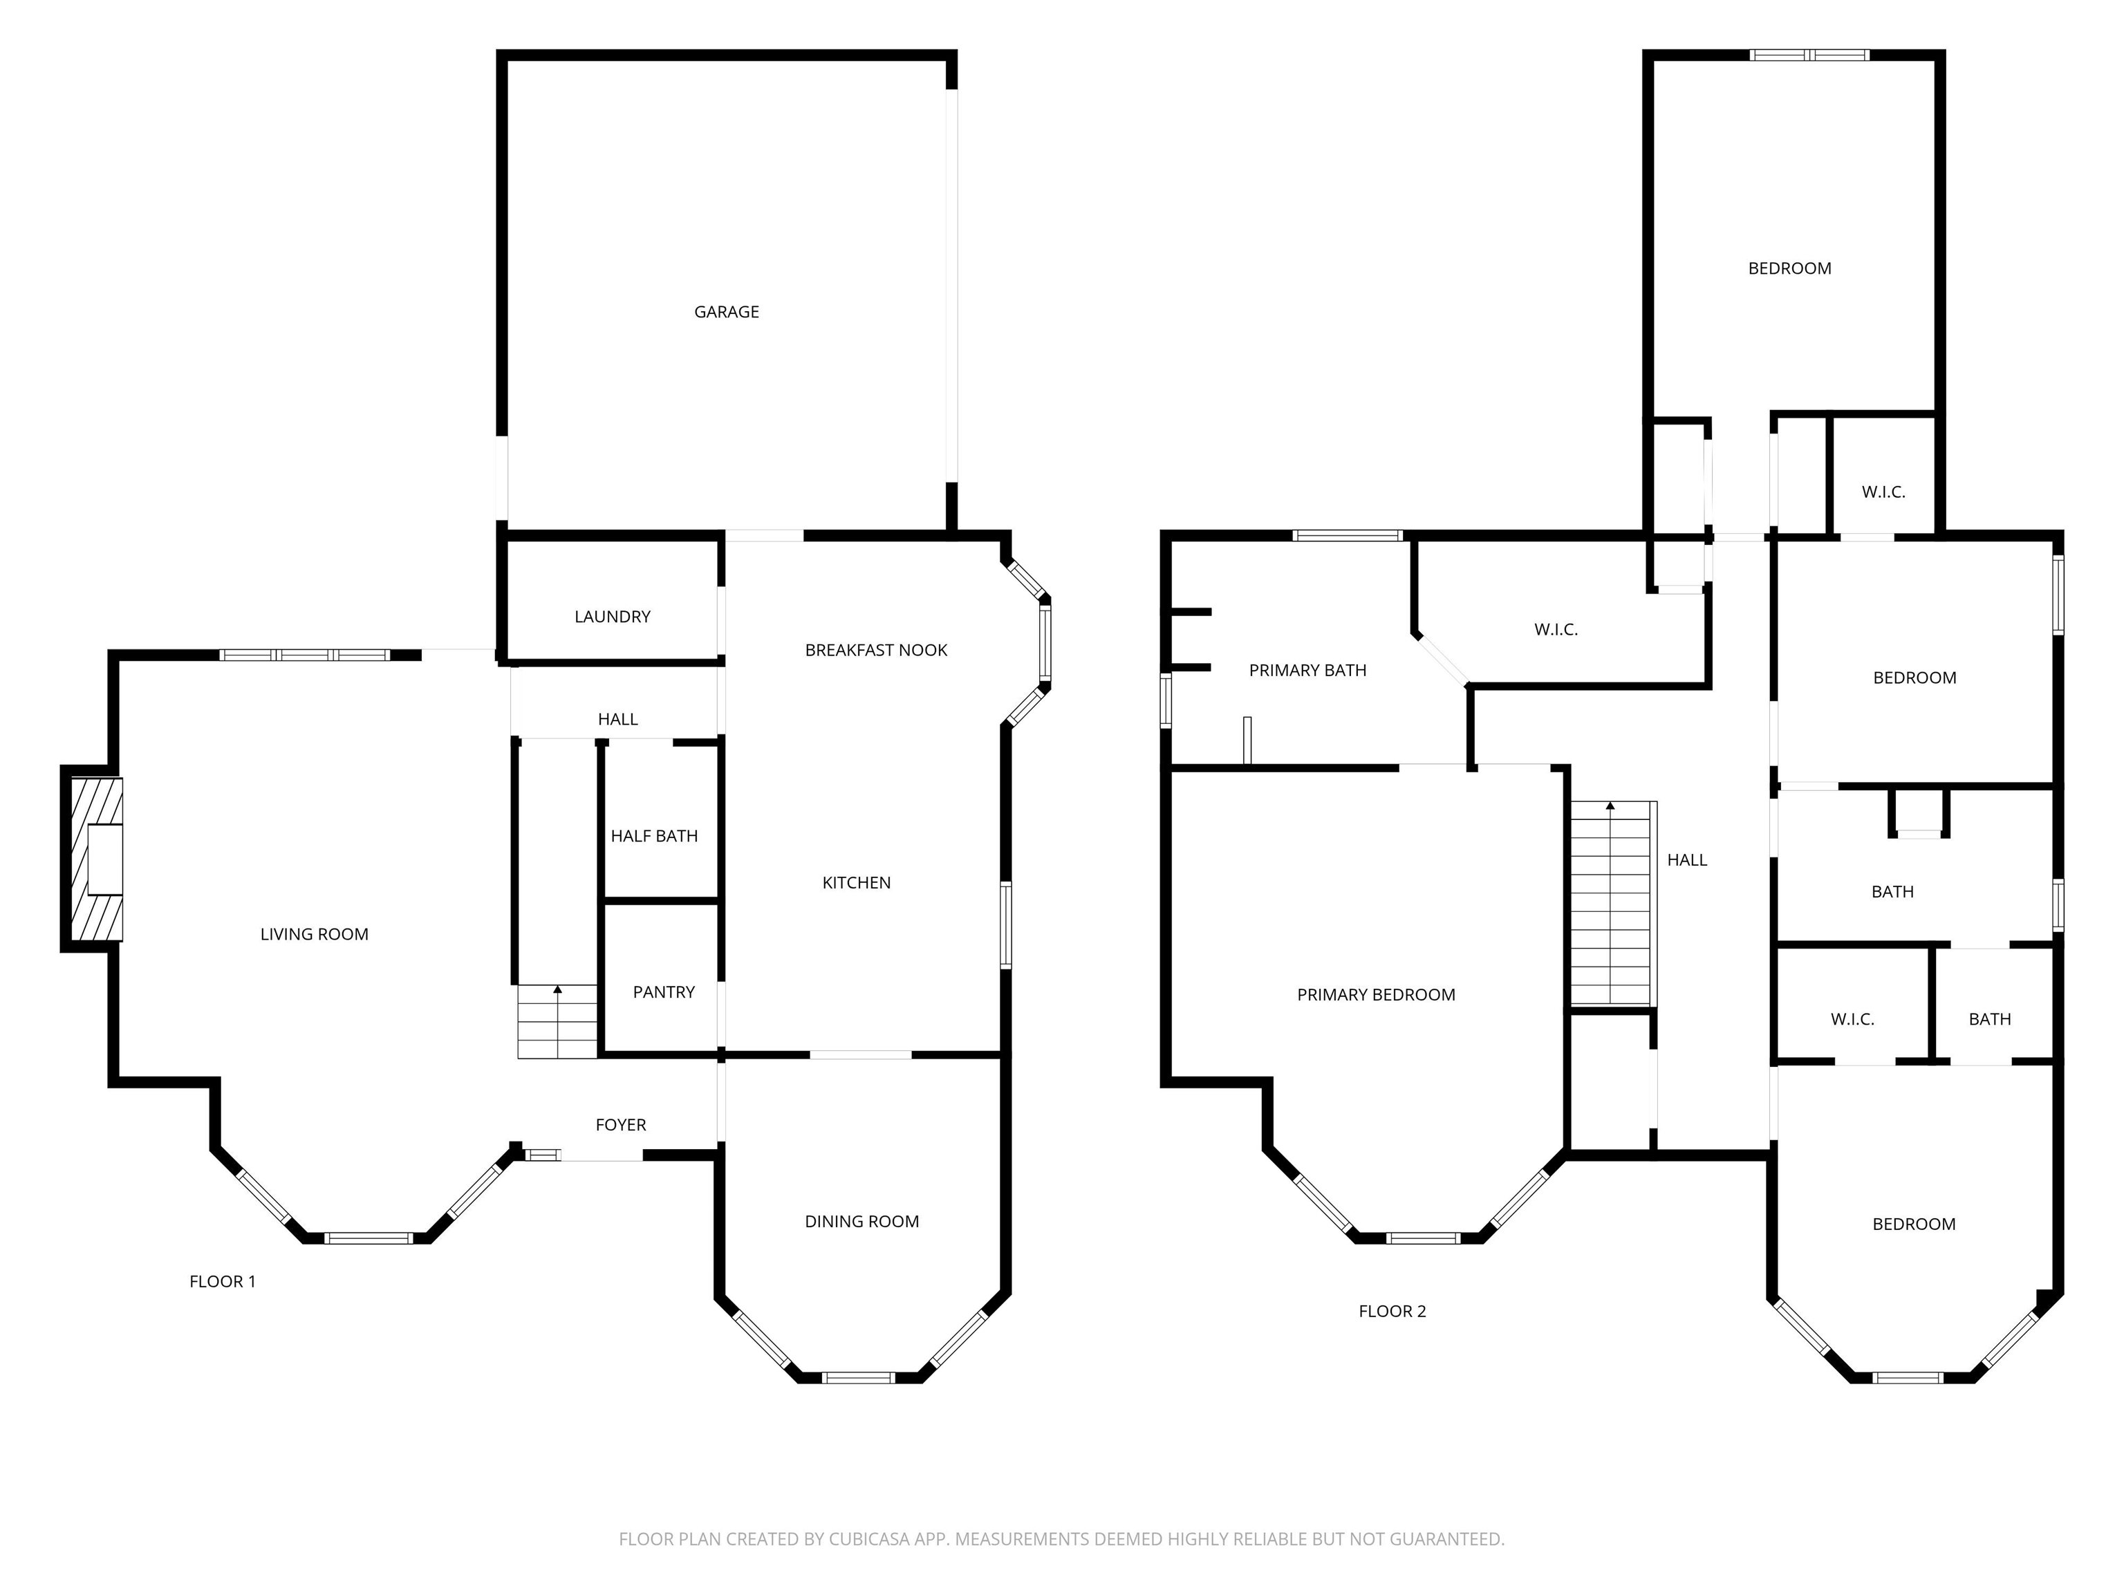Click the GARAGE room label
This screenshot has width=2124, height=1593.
point(726,312)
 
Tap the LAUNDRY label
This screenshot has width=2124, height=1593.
point(612,617)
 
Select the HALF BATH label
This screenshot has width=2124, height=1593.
point(654,837)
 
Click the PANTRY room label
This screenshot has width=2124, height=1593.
point(664,992)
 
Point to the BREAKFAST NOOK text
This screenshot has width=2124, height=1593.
point(876,650)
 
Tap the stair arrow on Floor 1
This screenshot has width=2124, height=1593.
point(557,989)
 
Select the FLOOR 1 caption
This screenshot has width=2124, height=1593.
point(223,1281)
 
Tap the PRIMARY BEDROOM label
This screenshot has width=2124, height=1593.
point(1375,995)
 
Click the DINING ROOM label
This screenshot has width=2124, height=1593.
point(861,1222)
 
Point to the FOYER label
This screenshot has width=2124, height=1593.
point(620,1124)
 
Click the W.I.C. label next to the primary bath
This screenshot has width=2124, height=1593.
point(1556,630)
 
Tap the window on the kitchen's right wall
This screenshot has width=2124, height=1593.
point(1005,924)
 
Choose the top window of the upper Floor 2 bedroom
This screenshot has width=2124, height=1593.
point(1809,55)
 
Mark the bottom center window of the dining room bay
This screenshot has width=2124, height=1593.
point(859,1377)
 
